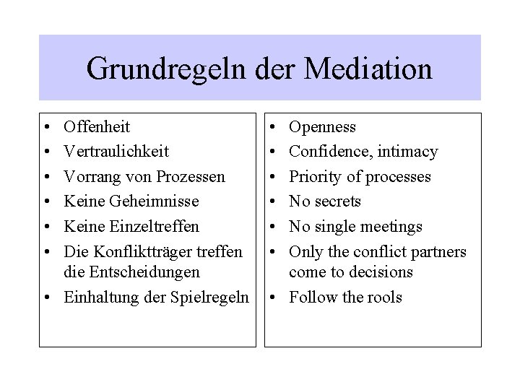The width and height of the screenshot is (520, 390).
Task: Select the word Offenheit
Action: click(97, 127)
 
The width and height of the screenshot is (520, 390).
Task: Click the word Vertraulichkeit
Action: click(116, 152)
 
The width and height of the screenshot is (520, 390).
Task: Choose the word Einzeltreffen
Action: click(142, 226)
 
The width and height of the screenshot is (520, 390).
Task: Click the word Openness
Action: click(322, 127)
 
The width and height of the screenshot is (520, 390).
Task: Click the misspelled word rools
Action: click(384, 298)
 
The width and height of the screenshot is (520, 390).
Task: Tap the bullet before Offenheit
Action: click(45, 128)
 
